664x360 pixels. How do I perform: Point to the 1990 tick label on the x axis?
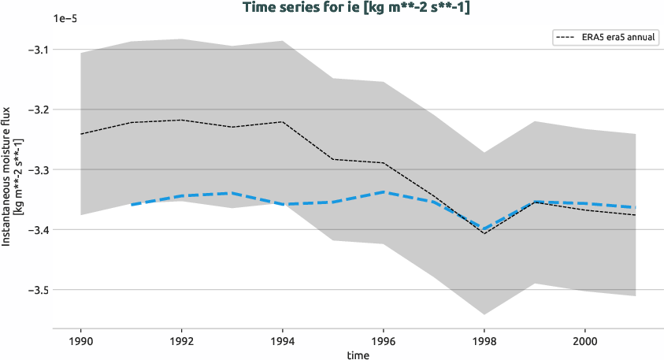coord(81,343)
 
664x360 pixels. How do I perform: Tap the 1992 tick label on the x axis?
coord(182,343)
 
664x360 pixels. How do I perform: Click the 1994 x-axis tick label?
coord(283,343)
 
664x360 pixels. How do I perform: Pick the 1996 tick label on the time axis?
coord(384,343)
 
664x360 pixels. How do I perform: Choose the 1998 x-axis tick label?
coord(484,343)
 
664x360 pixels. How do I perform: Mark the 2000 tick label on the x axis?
coord(584,343)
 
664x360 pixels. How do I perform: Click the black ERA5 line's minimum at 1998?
coord(484,233)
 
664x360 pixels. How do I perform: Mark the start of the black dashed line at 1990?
coord(81,134)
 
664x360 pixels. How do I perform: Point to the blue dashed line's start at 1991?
coord(132,204)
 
